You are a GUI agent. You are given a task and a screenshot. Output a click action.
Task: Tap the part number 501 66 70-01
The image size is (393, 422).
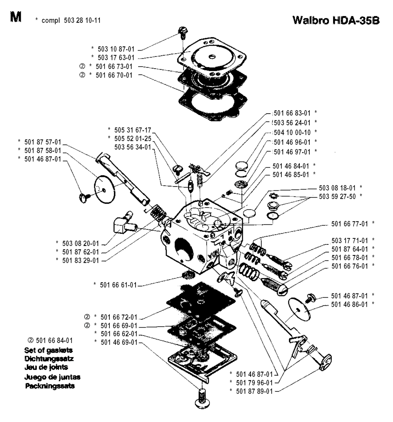coord(114,75)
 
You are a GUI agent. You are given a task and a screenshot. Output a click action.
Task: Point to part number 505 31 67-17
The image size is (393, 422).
coord(131,130)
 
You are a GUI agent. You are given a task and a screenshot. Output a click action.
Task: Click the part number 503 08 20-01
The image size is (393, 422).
coord(79,243)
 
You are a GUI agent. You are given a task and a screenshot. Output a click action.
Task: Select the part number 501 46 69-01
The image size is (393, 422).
coord(117,341)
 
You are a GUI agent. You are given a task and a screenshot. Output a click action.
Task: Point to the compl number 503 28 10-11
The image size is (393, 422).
coord(83,20)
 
